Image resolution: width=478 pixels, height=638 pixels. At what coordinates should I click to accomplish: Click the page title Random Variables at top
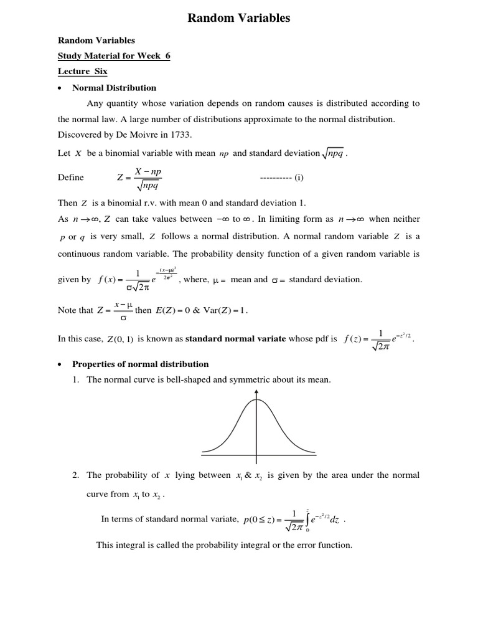(x=239, y=19)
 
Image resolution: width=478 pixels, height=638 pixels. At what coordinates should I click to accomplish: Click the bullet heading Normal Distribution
(x=115, y=88)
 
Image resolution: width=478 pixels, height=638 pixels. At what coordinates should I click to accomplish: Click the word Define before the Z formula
(x=70, y=178)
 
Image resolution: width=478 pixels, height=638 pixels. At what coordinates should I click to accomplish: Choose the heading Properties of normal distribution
(x=141, y=364)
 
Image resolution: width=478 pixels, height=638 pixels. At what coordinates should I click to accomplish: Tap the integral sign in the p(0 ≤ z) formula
(x=307, y=520)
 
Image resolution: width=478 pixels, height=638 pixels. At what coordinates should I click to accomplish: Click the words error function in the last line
(x=326, y=545)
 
